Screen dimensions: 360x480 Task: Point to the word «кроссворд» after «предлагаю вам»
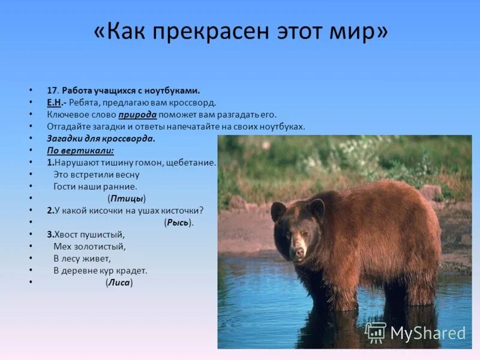[x=196, y=103]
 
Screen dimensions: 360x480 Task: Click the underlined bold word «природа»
[x=137, y=115]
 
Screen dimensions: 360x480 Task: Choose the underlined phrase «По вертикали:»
[x=80, y=151]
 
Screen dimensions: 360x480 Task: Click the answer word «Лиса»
[x=119, y=283]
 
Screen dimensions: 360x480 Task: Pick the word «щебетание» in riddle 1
[x=193, y=163]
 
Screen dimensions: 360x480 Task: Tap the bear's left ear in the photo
[x=316, y=208]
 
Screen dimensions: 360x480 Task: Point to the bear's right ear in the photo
[x=278, y=211]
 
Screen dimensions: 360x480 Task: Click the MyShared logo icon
[x=376, y=332]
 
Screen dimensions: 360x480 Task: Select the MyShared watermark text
[x=427, y=333]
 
